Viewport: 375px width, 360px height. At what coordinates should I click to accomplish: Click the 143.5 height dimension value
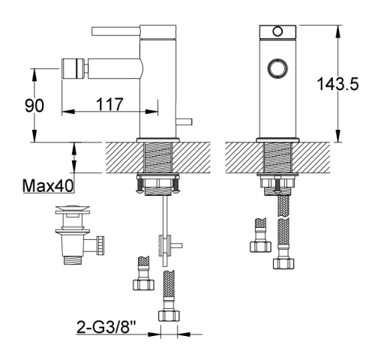click(337, 84)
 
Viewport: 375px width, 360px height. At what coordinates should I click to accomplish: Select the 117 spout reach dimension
click(109, 104)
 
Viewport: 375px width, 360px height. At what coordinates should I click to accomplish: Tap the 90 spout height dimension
click(34, 105)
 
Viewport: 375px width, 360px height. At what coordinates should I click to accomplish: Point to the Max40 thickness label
click(48, 186)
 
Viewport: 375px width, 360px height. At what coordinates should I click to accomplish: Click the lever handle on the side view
click(116, 31)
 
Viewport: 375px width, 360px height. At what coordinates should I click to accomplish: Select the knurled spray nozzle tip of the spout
click(73, 68)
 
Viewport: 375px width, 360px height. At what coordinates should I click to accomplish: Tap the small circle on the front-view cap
click(277, 31)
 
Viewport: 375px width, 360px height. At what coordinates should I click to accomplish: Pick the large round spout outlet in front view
click(277, 68)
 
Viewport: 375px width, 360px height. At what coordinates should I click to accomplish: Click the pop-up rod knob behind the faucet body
click(184, 121)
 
